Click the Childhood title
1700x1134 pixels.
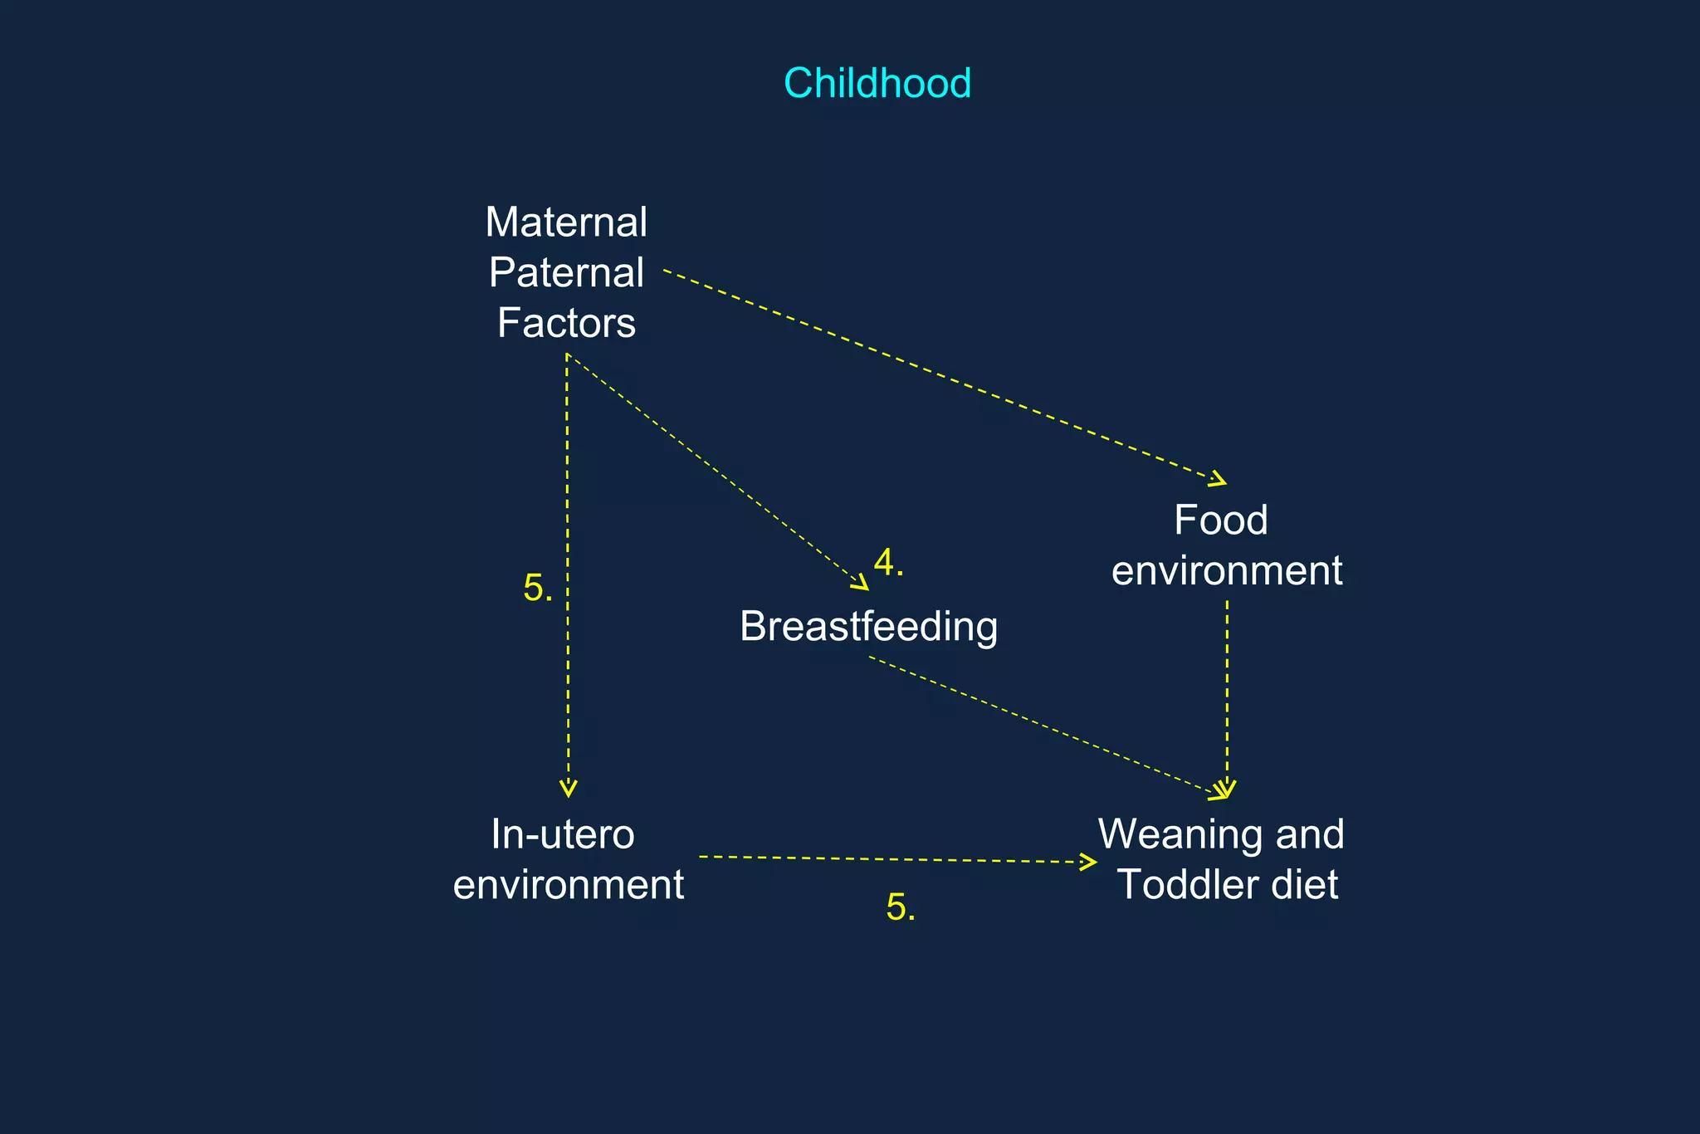(x=877, y=83)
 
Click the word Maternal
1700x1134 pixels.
(x=566, y=222)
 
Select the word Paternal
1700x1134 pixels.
(x=566, y=272)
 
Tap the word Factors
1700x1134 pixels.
(x=566, y=323)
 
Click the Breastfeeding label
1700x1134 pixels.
(x=868, y=626)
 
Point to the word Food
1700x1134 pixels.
(x=1220, y=521)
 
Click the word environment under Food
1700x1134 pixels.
(x=1227, y=571)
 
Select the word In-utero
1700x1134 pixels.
(x=563, y=834)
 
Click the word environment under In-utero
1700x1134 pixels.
(x=569, y=885)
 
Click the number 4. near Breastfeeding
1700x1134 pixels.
(x=888, y=563)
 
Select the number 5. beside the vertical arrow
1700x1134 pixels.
(x=537, y=589)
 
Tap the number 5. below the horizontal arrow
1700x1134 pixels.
(x=901, y=907)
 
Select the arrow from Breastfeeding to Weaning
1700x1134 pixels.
(x=1046, y=727)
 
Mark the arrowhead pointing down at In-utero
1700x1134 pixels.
(x=569, y=789)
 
